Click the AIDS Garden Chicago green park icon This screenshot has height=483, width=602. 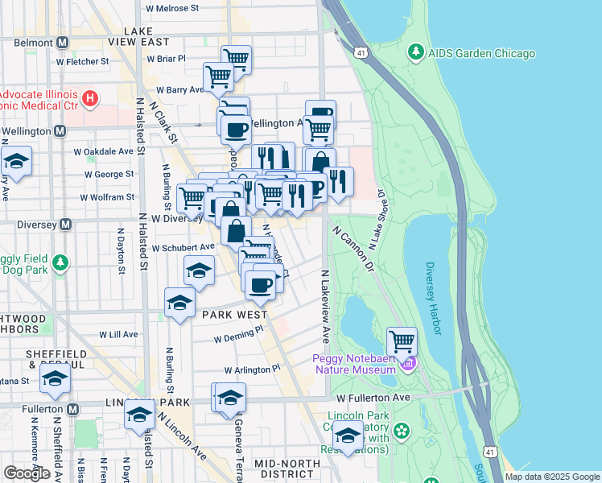pyautogui.click(x=415, y=53)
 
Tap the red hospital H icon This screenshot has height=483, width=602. pyautogui.click(x=90, y=99)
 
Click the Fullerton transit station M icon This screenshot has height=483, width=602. pyautogui.click(x=73, y=409)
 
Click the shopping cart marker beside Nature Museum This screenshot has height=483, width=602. pyautogui.click(x=402, y=341)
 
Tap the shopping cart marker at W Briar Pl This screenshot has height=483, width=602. pyautogui.click(x=236, y=59)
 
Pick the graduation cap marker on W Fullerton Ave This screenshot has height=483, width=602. pyautogui.click(x=230, y=397)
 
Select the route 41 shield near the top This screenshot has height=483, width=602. pyautogui.click(x=361, y=53)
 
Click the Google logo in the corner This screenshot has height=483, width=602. pyautogui.click(x=27, y=473)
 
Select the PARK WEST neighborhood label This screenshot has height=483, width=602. pyautogui.click(x=233, y=314)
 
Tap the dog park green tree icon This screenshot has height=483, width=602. pyautogui.click(x=59, y=262)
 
